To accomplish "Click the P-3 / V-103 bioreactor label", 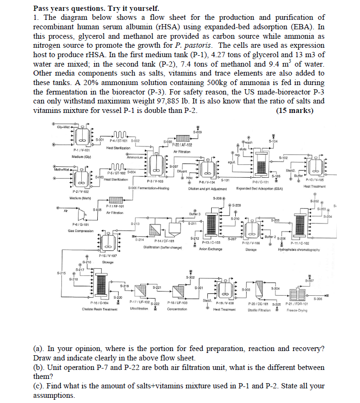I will tap(155, 181).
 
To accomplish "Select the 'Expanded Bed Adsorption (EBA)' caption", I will tap(259, 188).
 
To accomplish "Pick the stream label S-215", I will tap(61, 273).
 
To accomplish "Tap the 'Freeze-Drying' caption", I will tap(298, 310).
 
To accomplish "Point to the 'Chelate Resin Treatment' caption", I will tap(99, 309).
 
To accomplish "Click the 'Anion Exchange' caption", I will tap(210, 249).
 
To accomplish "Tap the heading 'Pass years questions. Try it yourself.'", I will tap(96, 9).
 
